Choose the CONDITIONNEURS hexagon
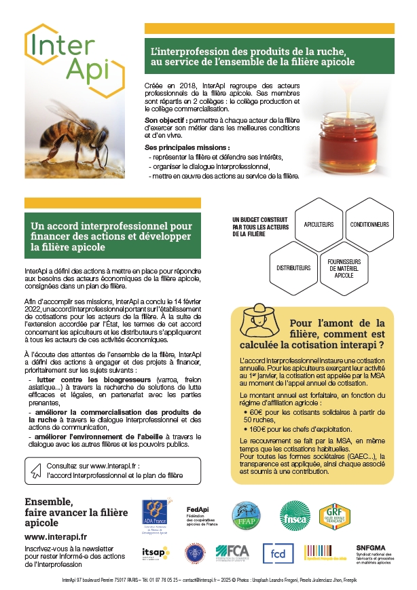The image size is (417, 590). pyautogui.click(x=369, y=225)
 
